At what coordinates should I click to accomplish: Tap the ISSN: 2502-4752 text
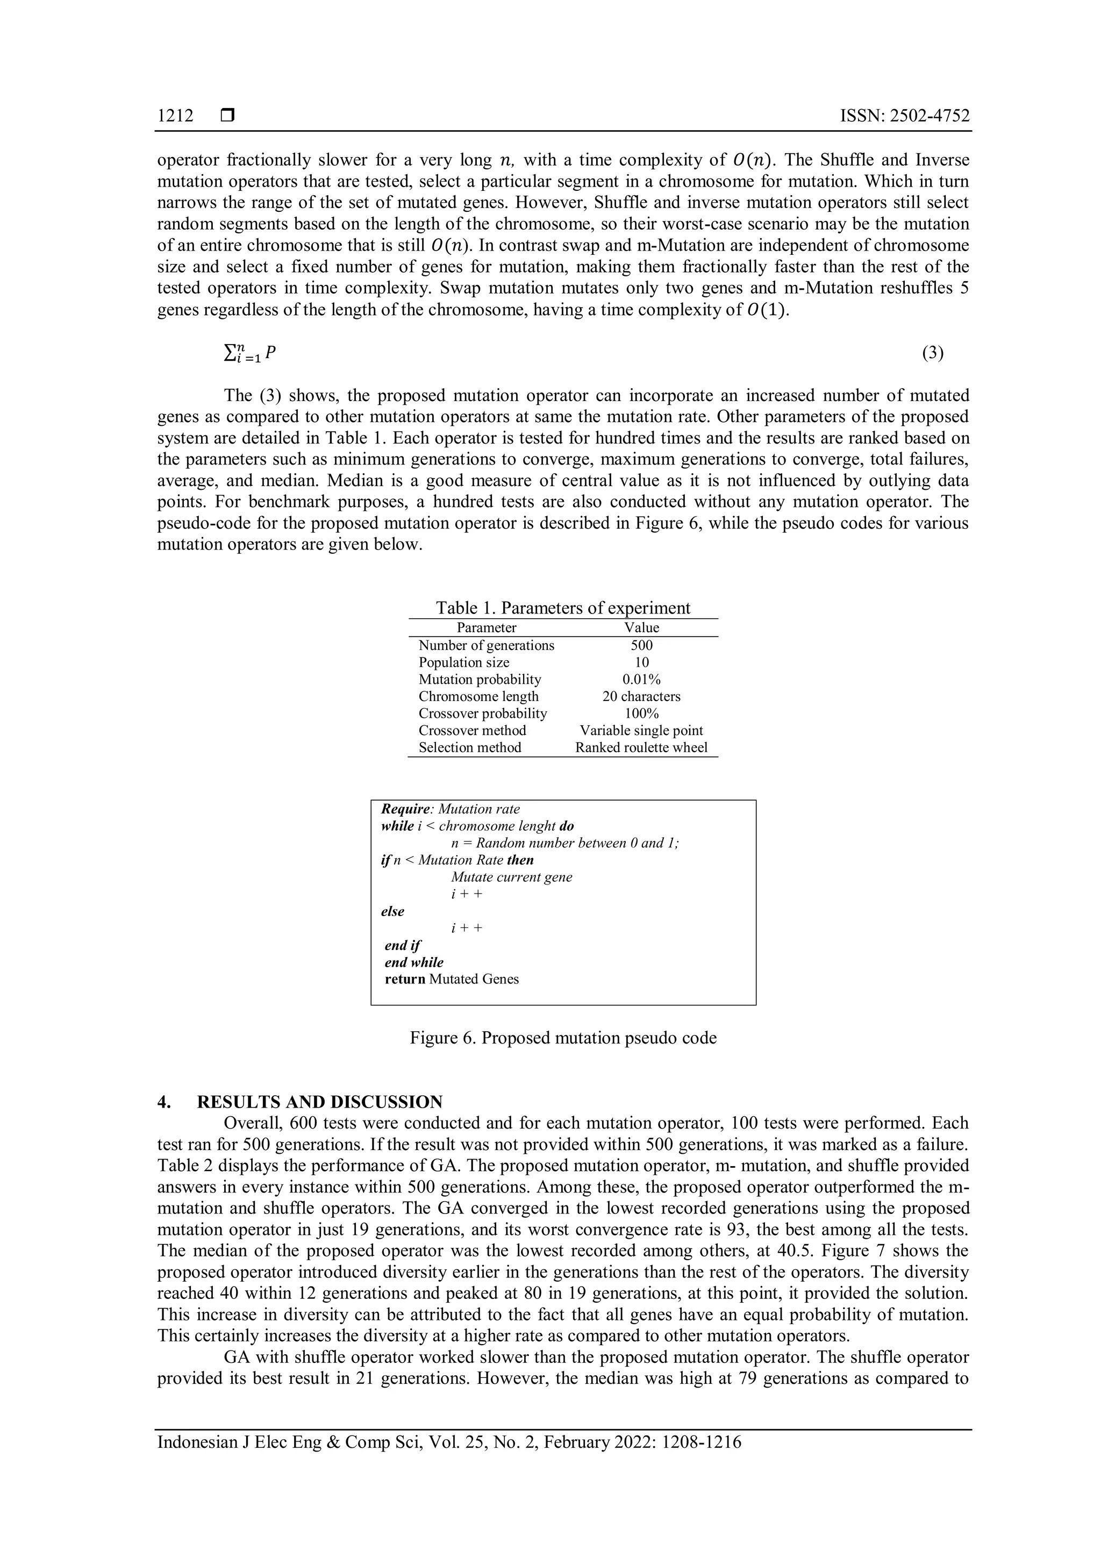904,116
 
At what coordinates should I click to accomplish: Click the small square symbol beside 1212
227,117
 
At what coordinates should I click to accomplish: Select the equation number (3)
933,353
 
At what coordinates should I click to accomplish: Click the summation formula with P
249,353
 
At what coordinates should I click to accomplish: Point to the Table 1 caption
563,608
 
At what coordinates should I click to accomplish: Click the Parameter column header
486,627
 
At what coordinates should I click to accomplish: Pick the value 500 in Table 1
641,645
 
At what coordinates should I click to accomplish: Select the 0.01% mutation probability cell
641,679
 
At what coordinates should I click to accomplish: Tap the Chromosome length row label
478,696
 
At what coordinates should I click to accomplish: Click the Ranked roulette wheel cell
641,747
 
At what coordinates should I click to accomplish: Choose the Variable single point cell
641,730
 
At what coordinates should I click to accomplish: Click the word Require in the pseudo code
405,809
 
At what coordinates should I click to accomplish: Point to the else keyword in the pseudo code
392,911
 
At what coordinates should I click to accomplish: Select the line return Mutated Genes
452,979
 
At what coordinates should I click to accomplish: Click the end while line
414,962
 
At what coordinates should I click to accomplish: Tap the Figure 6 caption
563,1038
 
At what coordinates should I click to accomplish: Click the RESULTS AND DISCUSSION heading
319,1101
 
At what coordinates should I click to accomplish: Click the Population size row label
464,662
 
